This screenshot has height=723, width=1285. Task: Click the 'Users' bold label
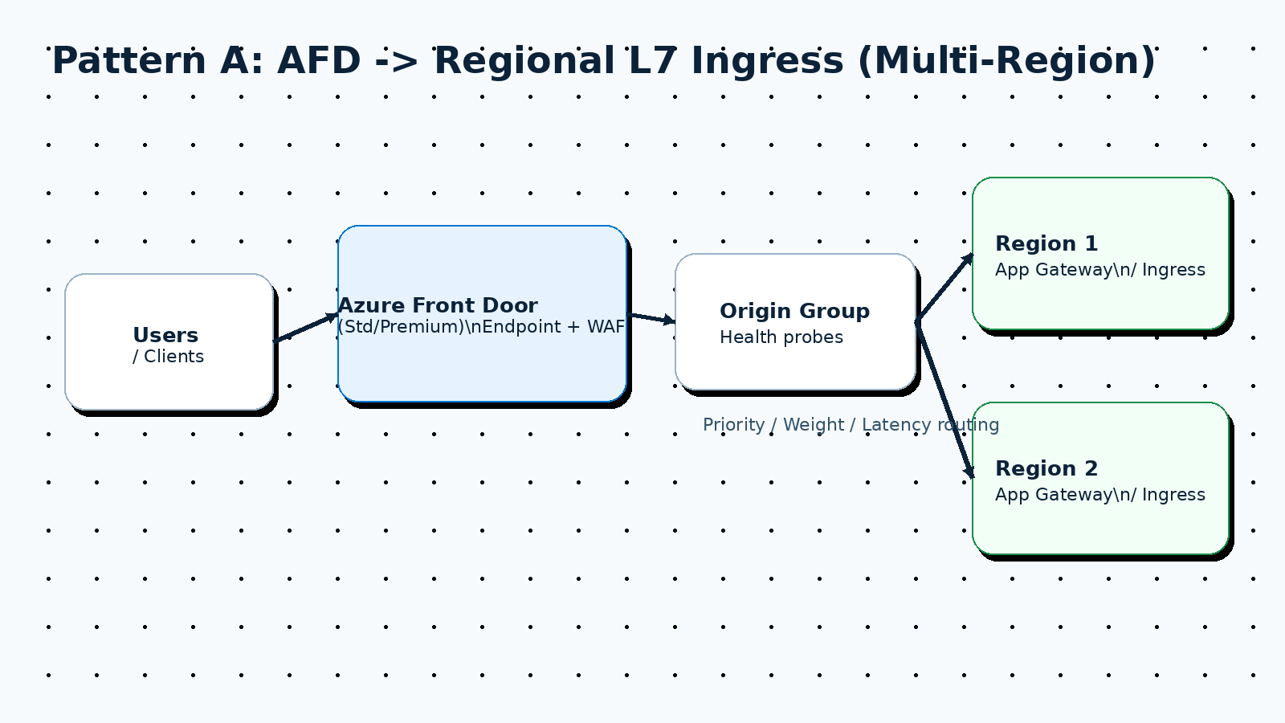(165, 335)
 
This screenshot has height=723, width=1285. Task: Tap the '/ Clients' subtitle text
(169, 357)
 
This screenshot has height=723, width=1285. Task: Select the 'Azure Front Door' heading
(438, 305)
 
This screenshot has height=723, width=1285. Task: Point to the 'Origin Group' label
(794, 311)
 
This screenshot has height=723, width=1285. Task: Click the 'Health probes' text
(781, 337)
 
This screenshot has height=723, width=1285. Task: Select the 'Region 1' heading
(1046, 243)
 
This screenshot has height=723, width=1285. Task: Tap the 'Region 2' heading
(1046, 468)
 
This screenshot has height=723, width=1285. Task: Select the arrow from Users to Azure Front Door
(305, 328)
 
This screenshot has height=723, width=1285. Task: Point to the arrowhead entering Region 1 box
(968, 259)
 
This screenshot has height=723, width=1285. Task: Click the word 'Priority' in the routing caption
(733, 425)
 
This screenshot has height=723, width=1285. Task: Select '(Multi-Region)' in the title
(1006, 61)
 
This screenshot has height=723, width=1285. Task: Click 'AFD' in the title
(319, 61)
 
